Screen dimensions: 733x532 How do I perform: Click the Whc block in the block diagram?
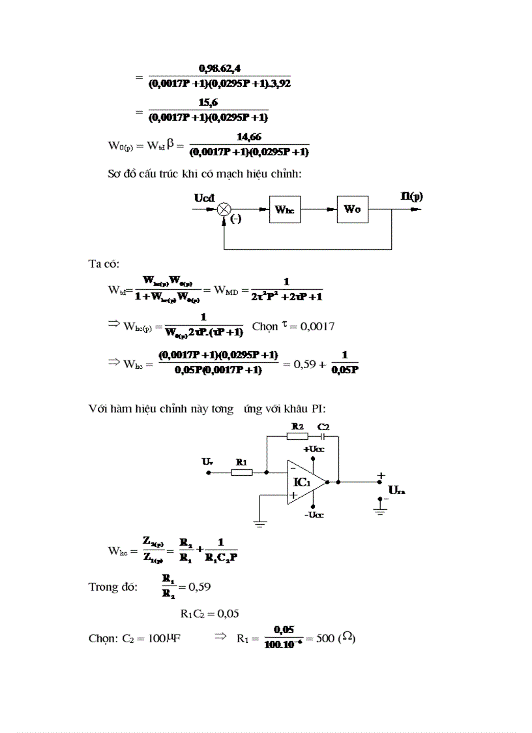285,210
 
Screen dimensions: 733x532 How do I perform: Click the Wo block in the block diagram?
353,210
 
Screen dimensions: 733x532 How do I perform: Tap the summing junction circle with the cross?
224,210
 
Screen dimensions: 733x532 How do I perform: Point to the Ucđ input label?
205,197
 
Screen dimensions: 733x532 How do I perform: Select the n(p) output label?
412,196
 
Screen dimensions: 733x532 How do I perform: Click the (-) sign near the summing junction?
236,220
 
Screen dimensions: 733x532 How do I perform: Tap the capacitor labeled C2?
323,435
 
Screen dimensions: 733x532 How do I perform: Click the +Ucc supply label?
314,449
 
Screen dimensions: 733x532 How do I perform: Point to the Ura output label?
397,490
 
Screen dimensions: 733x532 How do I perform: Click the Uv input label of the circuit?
207,461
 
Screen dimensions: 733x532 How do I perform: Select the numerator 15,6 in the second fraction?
209,102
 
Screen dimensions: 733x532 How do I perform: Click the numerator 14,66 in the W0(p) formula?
248,137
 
